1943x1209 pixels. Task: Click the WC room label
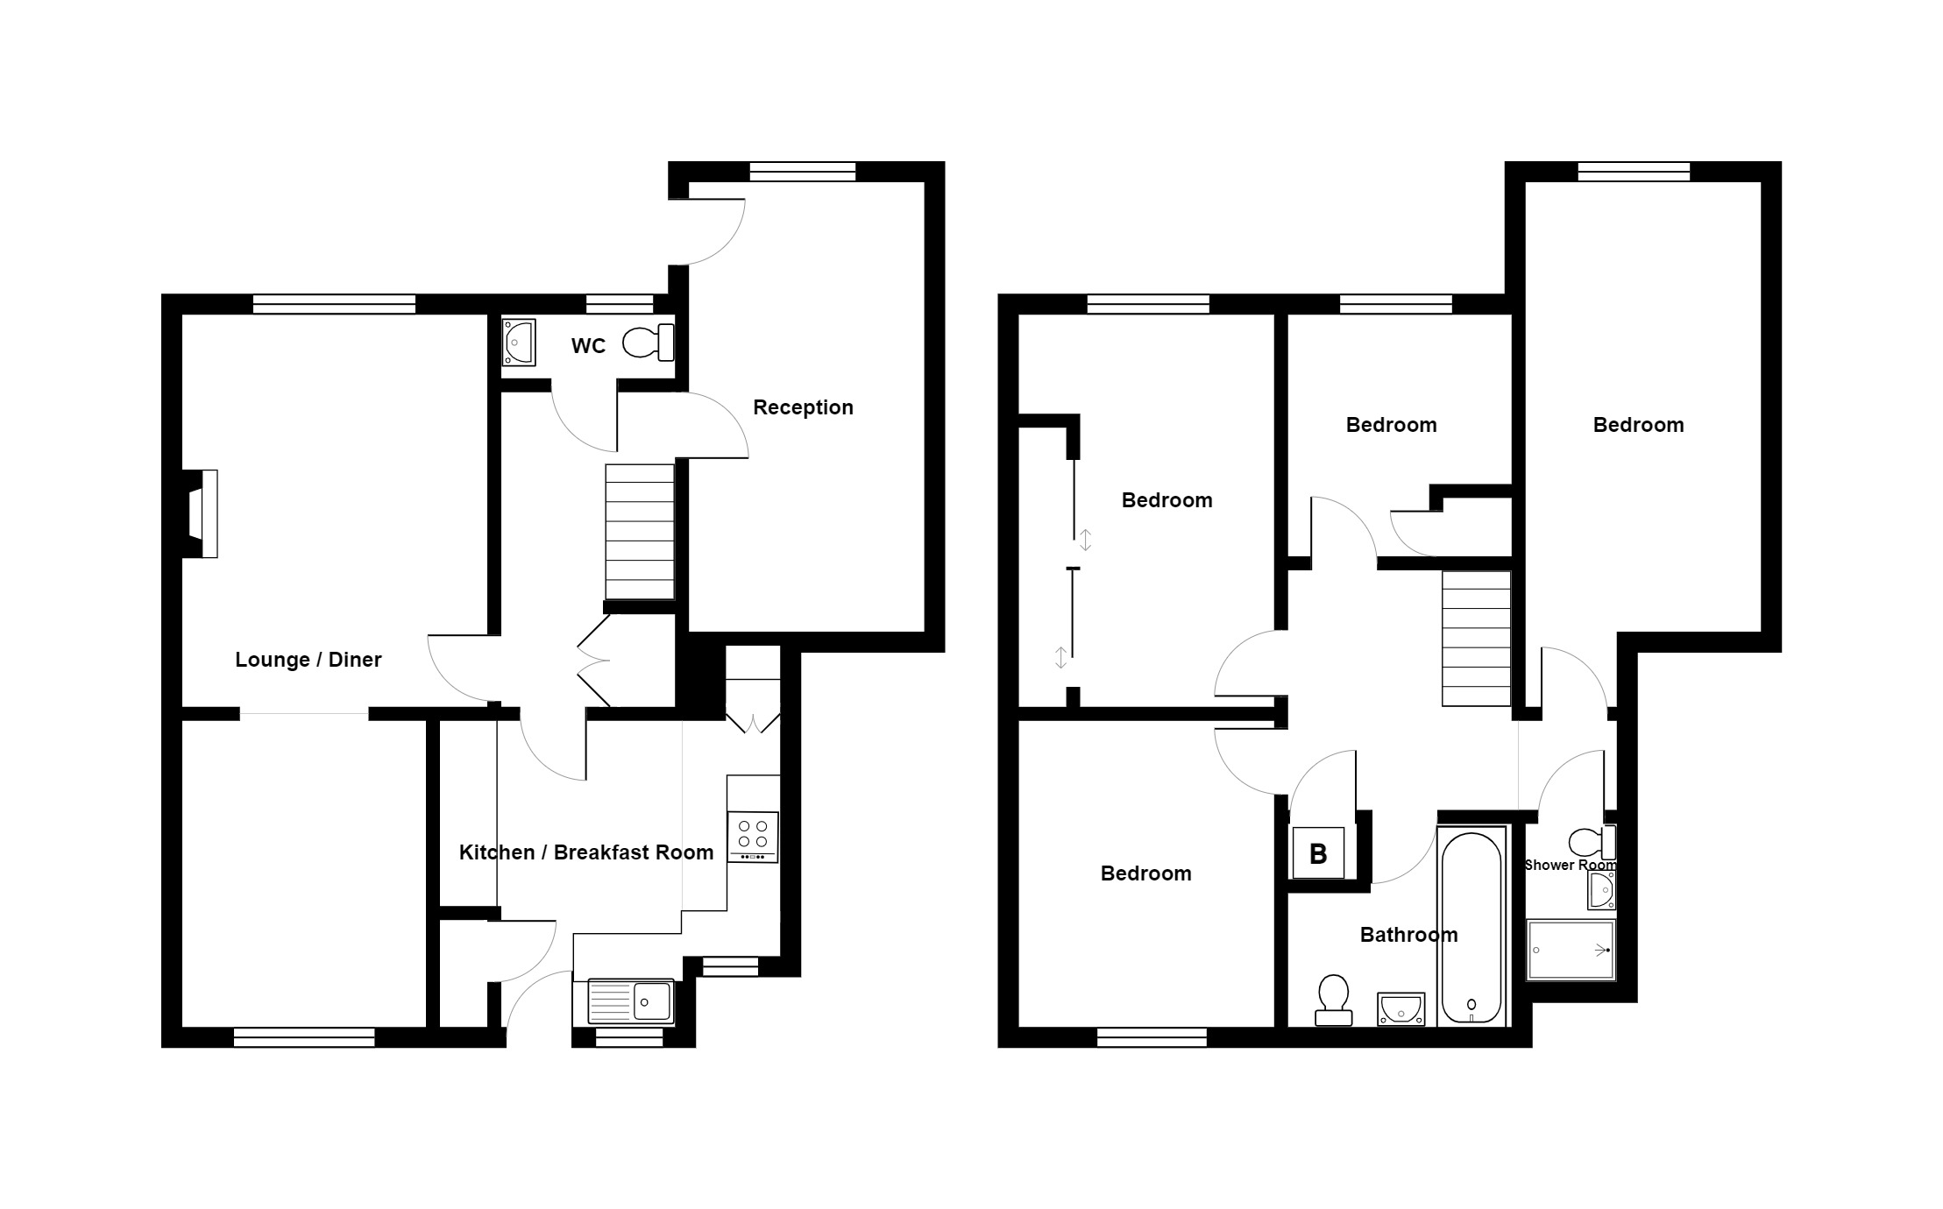coord(588,346)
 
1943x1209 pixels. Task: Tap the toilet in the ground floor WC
coord(649,342)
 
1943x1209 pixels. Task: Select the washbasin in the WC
coord(519,342)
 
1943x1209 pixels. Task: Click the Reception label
coord(803,407)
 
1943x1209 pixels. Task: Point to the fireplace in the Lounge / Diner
coord(202,513)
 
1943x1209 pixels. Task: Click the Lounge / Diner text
coord(308,660)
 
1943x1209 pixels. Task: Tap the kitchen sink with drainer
coord(631,1001)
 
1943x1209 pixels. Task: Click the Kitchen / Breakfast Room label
coord(585,852)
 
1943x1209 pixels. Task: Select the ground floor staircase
coord(640,531)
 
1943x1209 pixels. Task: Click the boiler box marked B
coord(1318,853)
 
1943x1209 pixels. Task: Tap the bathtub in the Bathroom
coord(1471,928)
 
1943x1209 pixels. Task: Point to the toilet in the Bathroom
coord(1334,1000)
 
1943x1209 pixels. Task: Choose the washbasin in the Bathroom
coord(1401,1008)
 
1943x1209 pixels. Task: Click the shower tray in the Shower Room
coord(1571,950)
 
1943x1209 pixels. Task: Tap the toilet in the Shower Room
coord(1591,843)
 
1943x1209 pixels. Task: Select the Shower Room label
coord(1570,866)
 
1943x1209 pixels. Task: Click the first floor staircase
coord(1477,638)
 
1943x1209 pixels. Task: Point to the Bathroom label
coord(1408,935)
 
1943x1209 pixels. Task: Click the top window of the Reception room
coord(802,172)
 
